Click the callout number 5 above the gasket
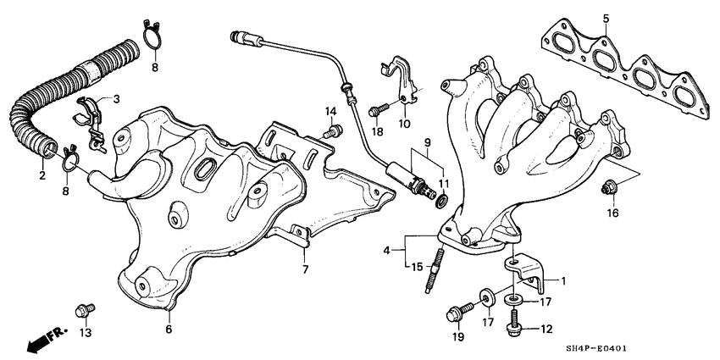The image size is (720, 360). pyautogui.click(x=606, y=18)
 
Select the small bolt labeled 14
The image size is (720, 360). pyautogui.click(x=334, y=130)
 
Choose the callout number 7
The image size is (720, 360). pyautogui.click(x=306, y=269)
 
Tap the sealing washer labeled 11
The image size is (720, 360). pyautogui.click(x=441, y=201)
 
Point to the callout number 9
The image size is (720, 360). pyautogui.click(x=427, y=141)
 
